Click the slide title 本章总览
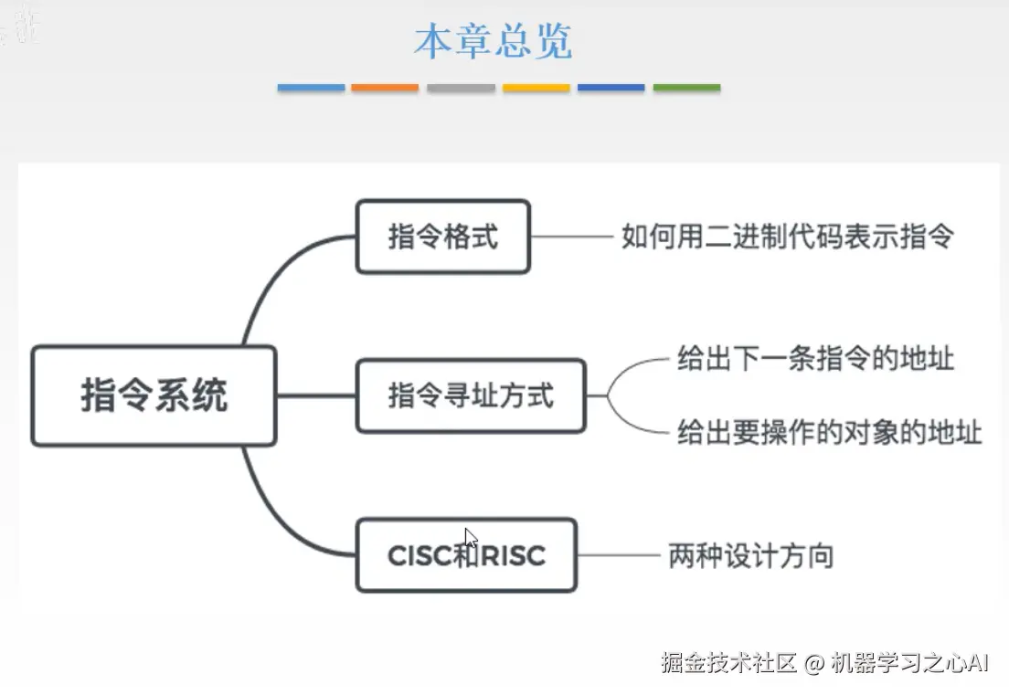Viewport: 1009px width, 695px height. pos(494,42)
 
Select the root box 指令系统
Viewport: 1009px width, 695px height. pos(154,396)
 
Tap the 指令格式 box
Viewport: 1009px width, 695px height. pos(442,237)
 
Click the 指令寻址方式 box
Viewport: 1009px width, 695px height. pos(470,396)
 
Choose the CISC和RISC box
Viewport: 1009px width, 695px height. pos(466,555)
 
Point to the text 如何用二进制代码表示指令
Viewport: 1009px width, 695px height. pos(787,237)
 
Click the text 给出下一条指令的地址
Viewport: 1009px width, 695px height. pos(815,357)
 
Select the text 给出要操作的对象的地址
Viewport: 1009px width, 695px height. pos(829,431)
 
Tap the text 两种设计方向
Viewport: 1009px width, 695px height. pos(750,555)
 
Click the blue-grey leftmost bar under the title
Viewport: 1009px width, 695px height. pos(311,89)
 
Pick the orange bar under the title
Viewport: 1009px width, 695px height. pos(385,89)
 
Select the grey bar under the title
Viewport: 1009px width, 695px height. pos(461,89)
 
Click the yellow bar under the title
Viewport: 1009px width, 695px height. pos(536,89)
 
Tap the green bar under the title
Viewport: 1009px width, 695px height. pos(686,89)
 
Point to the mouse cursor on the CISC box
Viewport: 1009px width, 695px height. pos(470,537)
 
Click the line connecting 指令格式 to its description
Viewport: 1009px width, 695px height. pos(571,237)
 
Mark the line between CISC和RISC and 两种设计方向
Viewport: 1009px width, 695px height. pos(618,555)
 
